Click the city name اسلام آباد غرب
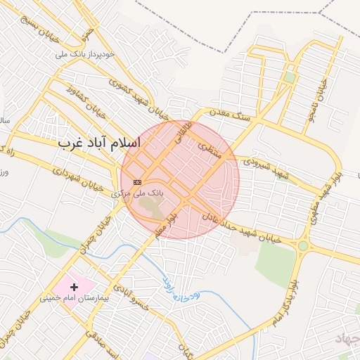coord(99,142)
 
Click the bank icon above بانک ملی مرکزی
coord(136,181)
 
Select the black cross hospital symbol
coord(75,287)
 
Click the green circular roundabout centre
coord(303,246)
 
